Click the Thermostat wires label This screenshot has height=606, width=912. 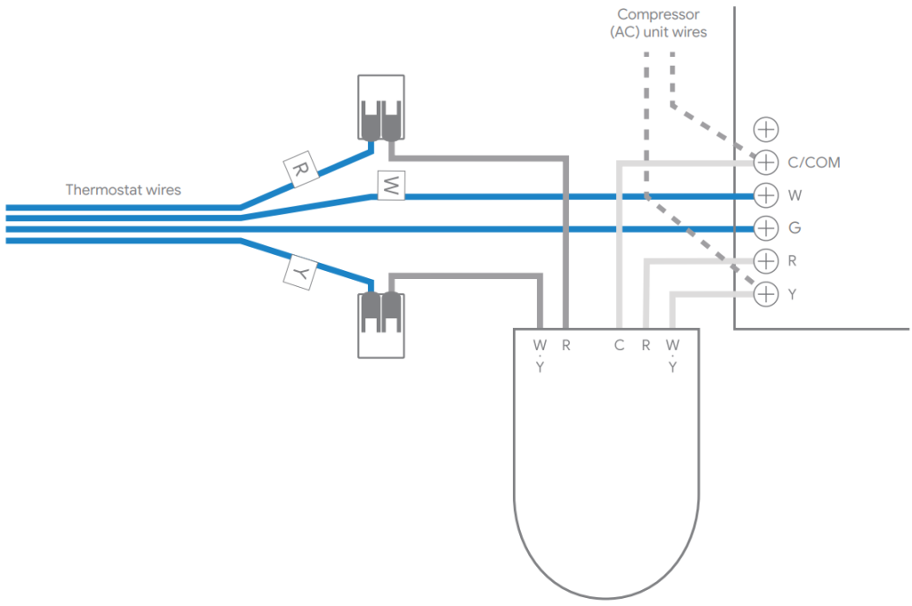pyautogui.click(x=123, y=190)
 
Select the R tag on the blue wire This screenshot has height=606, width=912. pyautogui.click(x=297, y=168)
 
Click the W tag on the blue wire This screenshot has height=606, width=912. pyautogui.click(x=390, y=185)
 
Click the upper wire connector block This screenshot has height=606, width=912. pyautogui.click(x=381, y=107)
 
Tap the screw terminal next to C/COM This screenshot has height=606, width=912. pyautogui.click(x=766, y=162)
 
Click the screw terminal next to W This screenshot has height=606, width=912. pyautogui.click(x=766, y=195)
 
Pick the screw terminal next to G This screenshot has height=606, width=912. pyautogui.click(x=766, y=228)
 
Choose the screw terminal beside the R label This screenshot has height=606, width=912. pyautogui.click(x=766, y=261)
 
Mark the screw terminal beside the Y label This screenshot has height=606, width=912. pyautogui.click(x=766, y=294)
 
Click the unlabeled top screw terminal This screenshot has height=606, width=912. pyautogui.click(x=766, y=129)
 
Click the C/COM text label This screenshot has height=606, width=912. pyautogui.click(x=813, y=163)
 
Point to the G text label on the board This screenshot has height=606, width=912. pyautogui.click(x=794, y=228)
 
